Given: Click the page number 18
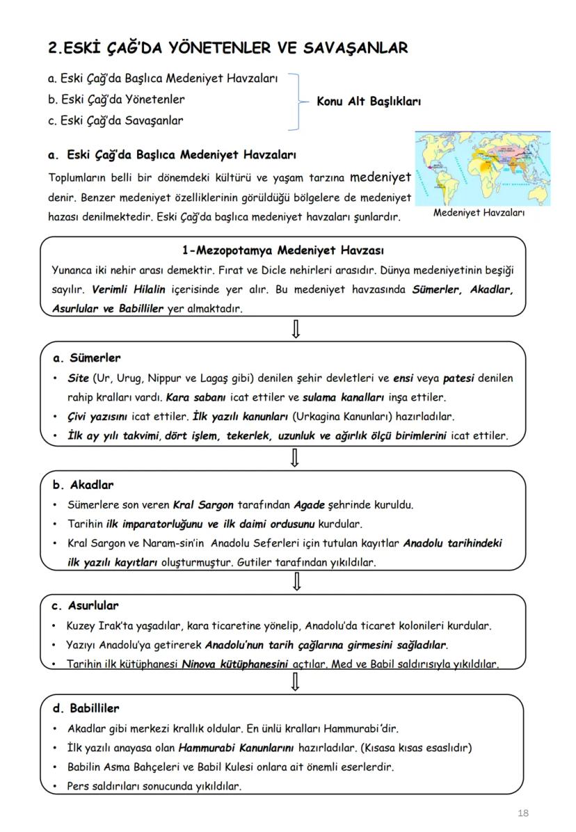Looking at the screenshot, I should click(x=523, y=813).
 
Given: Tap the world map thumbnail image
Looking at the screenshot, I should click(x=482, y=168).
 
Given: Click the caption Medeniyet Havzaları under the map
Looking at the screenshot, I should click(x=479, y=213).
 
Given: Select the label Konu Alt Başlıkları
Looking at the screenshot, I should click(x=369, y=101).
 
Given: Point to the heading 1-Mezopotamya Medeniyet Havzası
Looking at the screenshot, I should click(x=282, y=250).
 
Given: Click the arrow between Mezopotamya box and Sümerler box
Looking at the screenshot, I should click(x=296, y=328).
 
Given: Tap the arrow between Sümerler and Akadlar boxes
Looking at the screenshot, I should click(x=296, y=458).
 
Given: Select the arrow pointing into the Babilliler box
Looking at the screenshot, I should click(x=296, y=682).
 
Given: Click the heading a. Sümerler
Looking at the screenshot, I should click(x=87, y=358).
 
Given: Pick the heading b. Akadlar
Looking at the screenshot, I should click(x=83, y=485).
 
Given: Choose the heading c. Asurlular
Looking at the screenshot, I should click(x=86, y=605).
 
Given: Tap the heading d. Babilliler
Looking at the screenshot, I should click(x=86, y=708).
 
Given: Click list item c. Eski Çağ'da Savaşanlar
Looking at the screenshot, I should click(x=116, y=120).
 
